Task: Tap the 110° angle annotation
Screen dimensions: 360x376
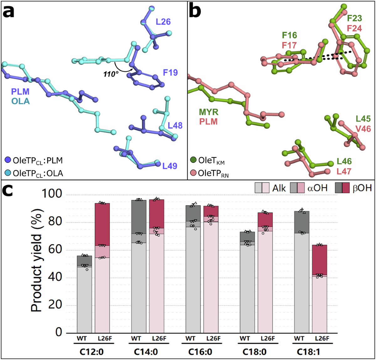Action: [111, 74]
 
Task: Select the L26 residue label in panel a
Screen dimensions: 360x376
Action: [163, 22]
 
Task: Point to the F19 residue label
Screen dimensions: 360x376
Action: [170, 73]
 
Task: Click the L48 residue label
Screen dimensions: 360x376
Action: [175, 126]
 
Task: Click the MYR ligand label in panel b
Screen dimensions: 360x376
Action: [209, 112]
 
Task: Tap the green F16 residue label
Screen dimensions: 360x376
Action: [289, 35]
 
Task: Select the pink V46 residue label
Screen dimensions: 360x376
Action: [363, 128]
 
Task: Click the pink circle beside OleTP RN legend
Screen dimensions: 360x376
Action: [193, 173]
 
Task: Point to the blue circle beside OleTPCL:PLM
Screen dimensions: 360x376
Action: [8, 160]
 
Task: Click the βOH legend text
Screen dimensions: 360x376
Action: [362, 188]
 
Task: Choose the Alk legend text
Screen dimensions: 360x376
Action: [279, 188]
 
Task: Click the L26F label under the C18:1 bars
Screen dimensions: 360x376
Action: [322, 338]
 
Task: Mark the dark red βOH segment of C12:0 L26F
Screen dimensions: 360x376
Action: [102, 224]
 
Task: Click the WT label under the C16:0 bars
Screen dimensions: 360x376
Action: [190, 338]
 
